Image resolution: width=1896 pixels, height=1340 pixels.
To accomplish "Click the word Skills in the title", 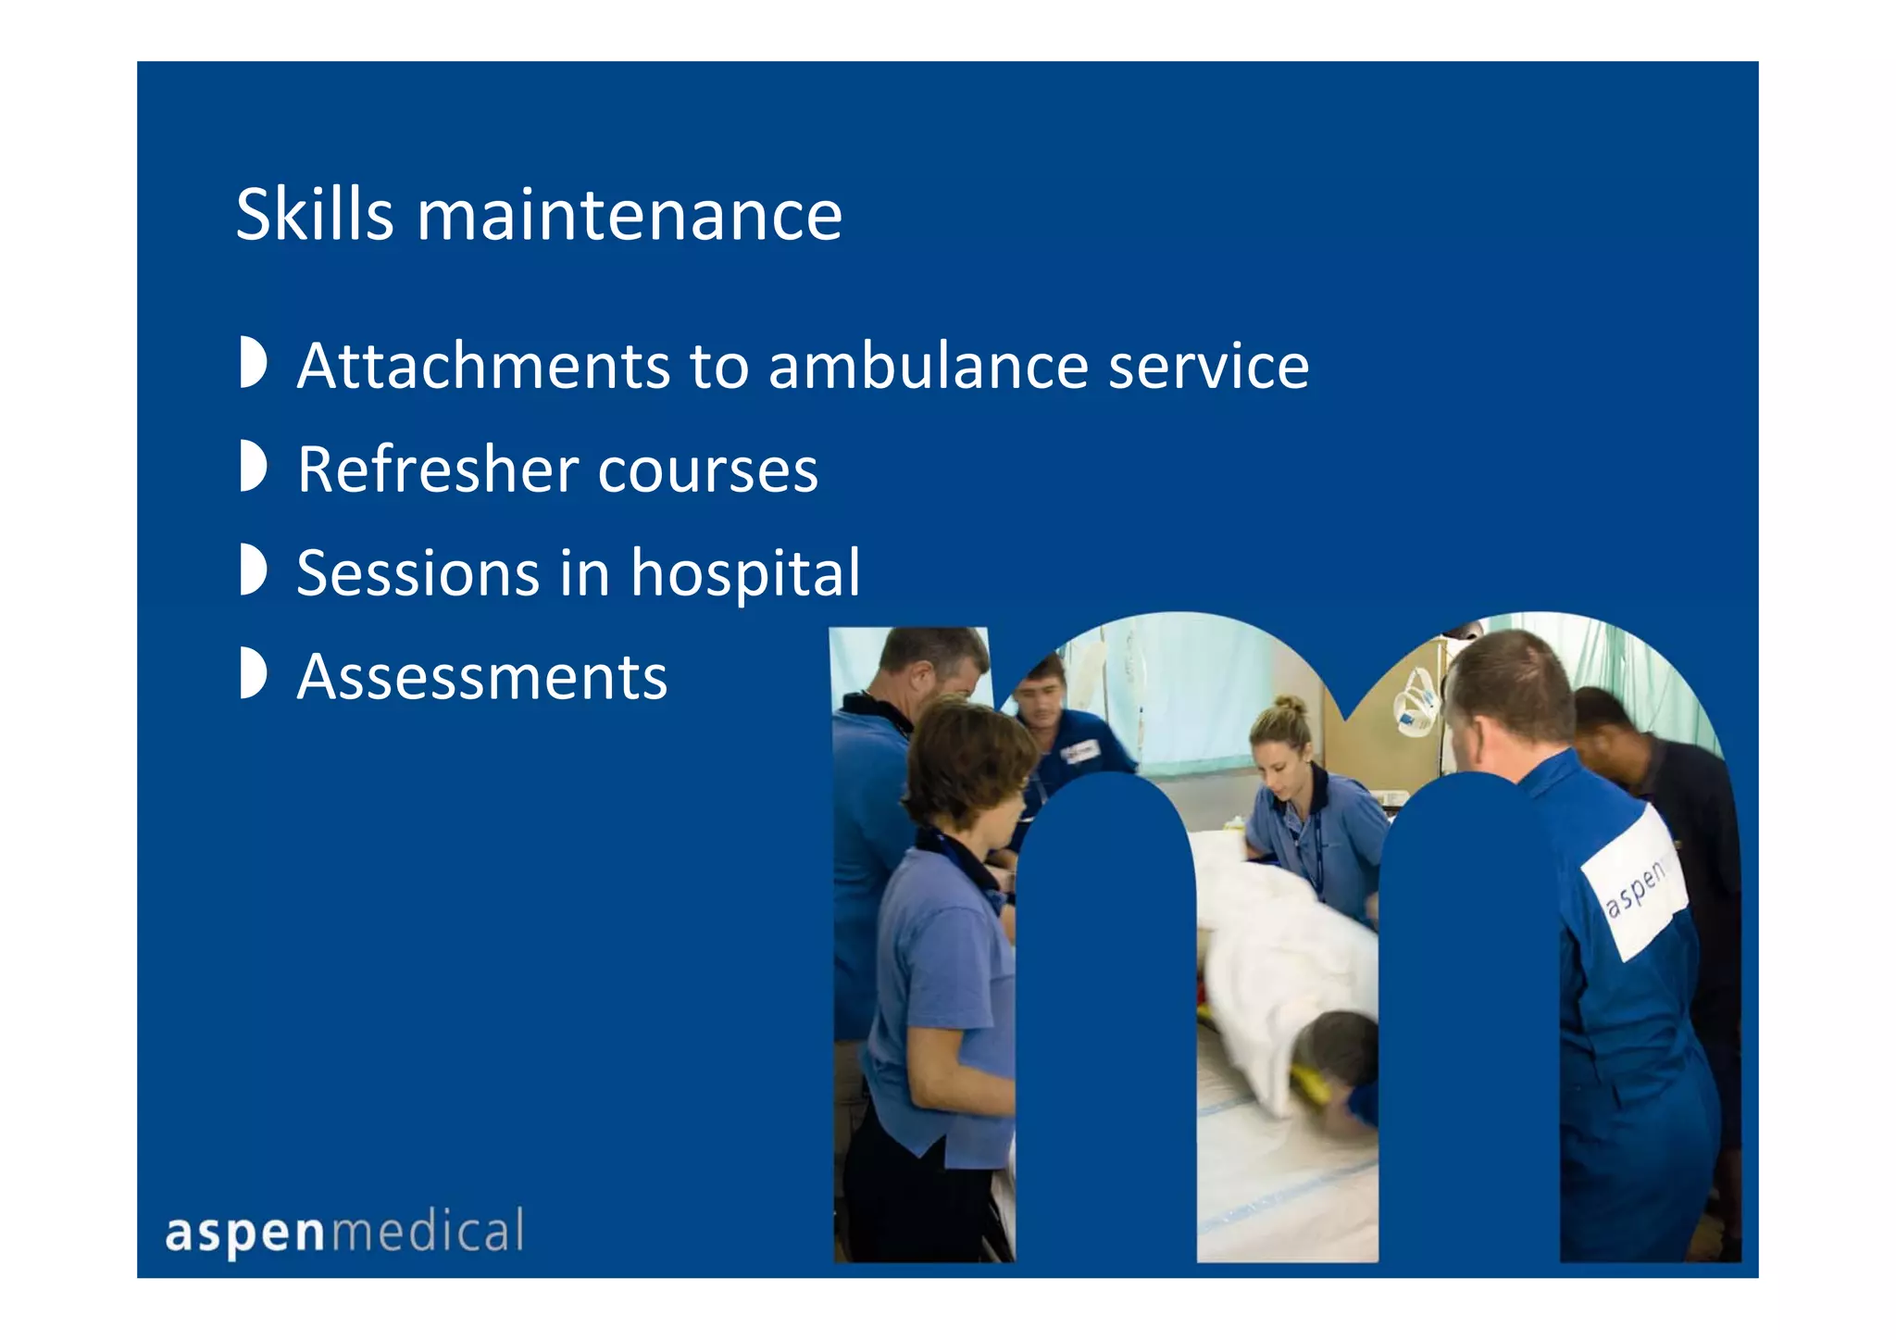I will [315, 215].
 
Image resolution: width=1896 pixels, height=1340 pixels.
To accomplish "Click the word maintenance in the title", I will [630, 215].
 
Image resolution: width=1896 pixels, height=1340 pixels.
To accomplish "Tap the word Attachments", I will [482, 366].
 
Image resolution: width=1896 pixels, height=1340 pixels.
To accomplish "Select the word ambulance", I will [927, 366].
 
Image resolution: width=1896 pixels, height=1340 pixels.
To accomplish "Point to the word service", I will [1208, 366].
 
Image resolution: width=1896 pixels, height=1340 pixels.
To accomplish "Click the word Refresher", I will [437, 470].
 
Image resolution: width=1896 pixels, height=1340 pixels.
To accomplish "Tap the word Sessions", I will [418, 573].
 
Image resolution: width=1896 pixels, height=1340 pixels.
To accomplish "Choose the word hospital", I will [745, 575].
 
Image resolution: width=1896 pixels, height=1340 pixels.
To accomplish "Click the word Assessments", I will [482, 677].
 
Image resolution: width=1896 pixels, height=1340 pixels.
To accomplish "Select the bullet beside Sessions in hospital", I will [253, 570].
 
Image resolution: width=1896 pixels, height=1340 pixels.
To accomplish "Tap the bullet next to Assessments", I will [253, 673].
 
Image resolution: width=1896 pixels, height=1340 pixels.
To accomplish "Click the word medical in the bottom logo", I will [427, 1232].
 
